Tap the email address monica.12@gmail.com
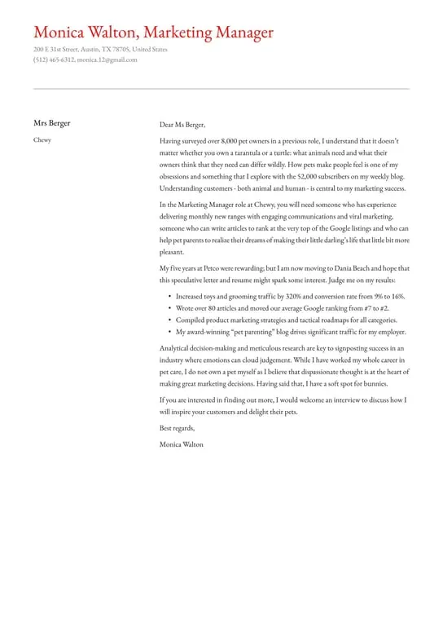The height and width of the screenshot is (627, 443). click(x=107, y=60)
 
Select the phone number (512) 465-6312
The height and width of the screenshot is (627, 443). click(x=54, y=60)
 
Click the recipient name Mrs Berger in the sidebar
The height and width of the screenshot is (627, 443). click(x=52, y=123)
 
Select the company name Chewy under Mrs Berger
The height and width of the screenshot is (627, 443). click(x=42, y=140)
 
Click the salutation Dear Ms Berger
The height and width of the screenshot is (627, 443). click(x=182, y=125)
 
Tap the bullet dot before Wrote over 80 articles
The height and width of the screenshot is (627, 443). click(x=169, y=309)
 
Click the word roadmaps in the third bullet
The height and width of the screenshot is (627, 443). click(x=327, y=320)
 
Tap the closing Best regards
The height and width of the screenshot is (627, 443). click(x=178, y=428)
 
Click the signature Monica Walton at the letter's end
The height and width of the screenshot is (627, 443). click(x=182, y=444)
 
